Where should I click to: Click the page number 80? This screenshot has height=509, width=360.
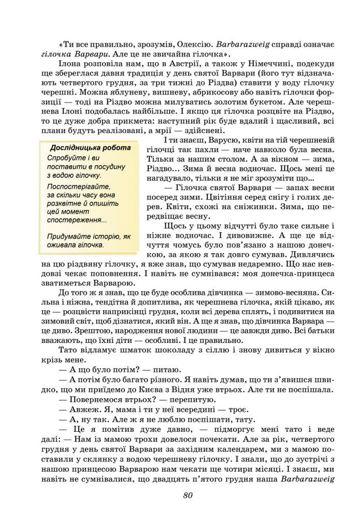188,495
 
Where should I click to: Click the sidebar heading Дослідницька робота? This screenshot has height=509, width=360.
90,148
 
